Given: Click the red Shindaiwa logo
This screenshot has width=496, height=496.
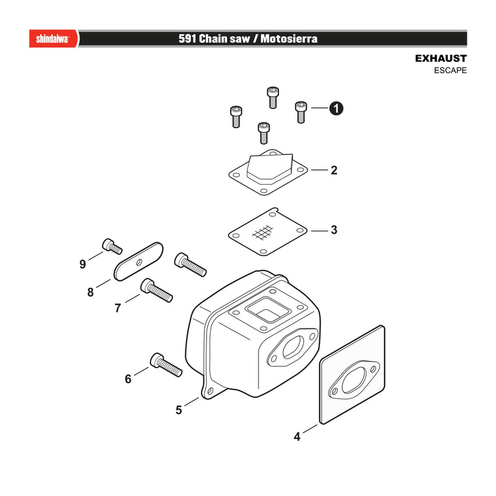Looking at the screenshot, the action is (x=53, y=38).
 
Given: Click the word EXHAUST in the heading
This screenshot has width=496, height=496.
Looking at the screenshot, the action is (x=441, y=58).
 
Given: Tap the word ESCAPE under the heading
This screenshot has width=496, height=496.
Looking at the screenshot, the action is (x=450, y=70).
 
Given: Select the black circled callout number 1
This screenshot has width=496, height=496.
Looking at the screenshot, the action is (x=336, y=108).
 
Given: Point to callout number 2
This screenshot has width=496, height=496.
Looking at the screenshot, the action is (x=334, y=170).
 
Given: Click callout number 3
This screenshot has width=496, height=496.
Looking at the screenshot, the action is (x=334, y=229).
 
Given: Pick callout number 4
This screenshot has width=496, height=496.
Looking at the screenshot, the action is (x=297, y=436).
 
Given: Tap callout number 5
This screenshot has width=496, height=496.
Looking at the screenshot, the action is (x=179, y=410).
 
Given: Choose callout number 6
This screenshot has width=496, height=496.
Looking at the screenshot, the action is (x=128, y=379).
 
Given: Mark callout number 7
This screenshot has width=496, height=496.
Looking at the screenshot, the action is (x=118, y=308).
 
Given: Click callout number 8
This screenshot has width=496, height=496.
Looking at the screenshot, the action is (x=91, y=291).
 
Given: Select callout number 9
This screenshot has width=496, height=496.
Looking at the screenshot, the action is (x=82, y=263).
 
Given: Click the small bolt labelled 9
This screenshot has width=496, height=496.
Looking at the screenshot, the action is (x=112, y=246).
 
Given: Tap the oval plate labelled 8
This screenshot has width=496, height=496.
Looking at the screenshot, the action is (x=138, y=262).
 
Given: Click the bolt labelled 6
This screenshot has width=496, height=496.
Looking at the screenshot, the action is (x=166, y=365).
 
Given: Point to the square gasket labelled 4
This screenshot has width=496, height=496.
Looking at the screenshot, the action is (x=352, y=375).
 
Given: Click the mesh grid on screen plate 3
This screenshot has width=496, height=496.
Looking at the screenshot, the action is (x=263, y=233).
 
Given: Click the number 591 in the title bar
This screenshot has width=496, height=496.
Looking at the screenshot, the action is (x=188, y=38).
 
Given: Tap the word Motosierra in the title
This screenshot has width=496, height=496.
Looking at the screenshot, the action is (x=289, y=38).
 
